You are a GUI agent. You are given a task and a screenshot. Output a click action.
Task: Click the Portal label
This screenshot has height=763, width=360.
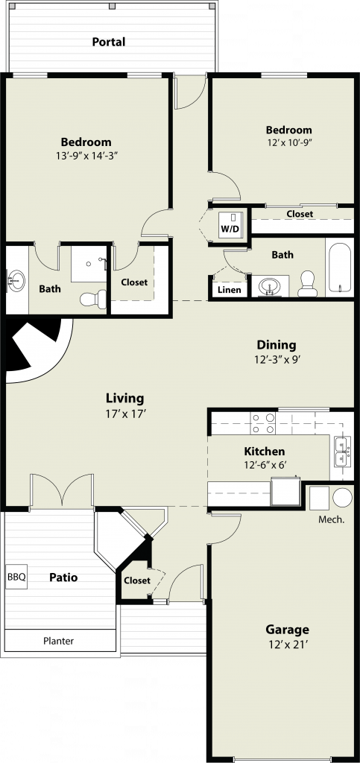(x=109, y=42)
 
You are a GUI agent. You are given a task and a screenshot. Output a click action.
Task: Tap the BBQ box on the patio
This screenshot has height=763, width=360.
(x=16, y=577)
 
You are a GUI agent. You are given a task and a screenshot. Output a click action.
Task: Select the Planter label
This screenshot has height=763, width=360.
(x=58, y=641)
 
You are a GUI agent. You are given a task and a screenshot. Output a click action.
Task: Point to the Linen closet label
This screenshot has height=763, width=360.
(x=229, y=290)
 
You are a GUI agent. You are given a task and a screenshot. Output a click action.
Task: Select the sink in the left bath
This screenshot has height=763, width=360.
(x=16, y=281)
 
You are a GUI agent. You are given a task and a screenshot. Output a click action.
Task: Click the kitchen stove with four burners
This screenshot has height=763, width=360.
(x=263, y=423)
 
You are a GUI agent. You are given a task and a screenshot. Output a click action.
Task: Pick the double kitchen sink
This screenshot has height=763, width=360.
(x=341, y=452)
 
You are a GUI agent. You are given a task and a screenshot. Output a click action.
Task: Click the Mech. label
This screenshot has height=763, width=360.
(x=331, y=519)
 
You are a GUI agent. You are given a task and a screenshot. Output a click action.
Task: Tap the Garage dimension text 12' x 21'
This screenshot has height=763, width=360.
(x=287, y=645)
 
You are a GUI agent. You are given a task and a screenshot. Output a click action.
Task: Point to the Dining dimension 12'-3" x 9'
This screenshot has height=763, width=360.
(x=277, y=360)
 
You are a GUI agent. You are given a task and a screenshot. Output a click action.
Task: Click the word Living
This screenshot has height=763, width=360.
(x=125, y=399)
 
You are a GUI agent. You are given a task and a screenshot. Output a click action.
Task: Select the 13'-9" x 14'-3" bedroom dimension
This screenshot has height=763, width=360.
(x=87, y=156)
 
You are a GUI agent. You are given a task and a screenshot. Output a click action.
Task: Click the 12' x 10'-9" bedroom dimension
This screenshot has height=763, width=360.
(x=288, y=143)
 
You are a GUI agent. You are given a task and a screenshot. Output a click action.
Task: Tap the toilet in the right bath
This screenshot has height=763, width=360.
(x=307, y=284)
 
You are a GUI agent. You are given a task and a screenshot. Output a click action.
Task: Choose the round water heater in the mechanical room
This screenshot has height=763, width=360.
(x=343, y=497)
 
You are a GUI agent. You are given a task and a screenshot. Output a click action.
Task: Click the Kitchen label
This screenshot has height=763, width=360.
(x=264, y=452)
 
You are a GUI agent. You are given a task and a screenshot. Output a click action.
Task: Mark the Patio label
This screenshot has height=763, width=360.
(x=63, y=577)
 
